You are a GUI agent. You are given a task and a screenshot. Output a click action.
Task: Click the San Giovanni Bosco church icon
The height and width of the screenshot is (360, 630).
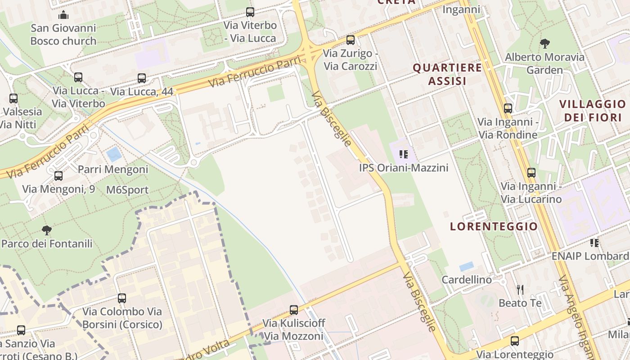[x=63, y=15]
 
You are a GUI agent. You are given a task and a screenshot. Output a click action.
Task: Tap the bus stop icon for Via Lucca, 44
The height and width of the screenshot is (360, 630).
[x=142, y=78]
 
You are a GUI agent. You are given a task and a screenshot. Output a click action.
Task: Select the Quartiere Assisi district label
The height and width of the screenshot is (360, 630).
[x=447, y=74]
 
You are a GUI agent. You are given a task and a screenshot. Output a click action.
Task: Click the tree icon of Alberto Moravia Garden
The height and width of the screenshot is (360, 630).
[x=544, y=44]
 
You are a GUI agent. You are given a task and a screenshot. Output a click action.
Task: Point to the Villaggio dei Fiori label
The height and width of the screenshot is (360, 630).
[x=592, y=111]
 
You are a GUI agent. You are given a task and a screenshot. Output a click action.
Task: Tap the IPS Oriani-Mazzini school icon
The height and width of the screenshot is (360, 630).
[x=404, y=154]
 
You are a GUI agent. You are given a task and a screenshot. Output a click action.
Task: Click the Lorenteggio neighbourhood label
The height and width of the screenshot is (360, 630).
[x=494, y=226]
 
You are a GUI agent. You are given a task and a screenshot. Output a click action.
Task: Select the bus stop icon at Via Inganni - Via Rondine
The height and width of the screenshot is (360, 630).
[x=508, y=108]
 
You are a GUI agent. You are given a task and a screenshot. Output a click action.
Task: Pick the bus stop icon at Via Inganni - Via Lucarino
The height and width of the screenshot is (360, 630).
[x=531, y=173]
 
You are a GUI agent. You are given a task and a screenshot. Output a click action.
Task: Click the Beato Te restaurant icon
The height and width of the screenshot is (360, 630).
[x=520, y=289]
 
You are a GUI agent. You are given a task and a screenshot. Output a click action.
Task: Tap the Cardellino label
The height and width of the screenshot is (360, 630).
[x=467, y=279]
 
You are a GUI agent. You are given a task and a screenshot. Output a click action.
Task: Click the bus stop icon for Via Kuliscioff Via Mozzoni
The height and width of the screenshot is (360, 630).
[x=294, y=310]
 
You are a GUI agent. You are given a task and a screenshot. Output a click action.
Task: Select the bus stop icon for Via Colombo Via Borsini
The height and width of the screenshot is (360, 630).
[x=122, y=298]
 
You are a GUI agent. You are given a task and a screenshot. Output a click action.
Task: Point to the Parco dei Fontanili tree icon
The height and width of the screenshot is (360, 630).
[x=46, y=230]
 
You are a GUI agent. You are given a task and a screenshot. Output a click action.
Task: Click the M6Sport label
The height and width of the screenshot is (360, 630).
[x=127, y=190]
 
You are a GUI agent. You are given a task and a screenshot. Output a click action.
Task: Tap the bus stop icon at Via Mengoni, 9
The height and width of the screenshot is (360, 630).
[x=58, y=176]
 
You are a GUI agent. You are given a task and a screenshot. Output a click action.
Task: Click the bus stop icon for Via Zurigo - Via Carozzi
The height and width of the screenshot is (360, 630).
[x=351, y=40]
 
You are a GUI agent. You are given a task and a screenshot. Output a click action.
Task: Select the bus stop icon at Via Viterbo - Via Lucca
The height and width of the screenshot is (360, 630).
[x=250, y=12]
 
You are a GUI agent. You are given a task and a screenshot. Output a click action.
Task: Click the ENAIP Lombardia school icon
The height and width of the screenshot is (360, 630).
[x=594, y=243]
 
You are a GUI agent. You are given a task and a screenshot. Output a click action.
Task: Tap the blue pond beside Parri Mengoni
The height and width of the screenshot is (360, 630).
[x=114, y=154]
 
